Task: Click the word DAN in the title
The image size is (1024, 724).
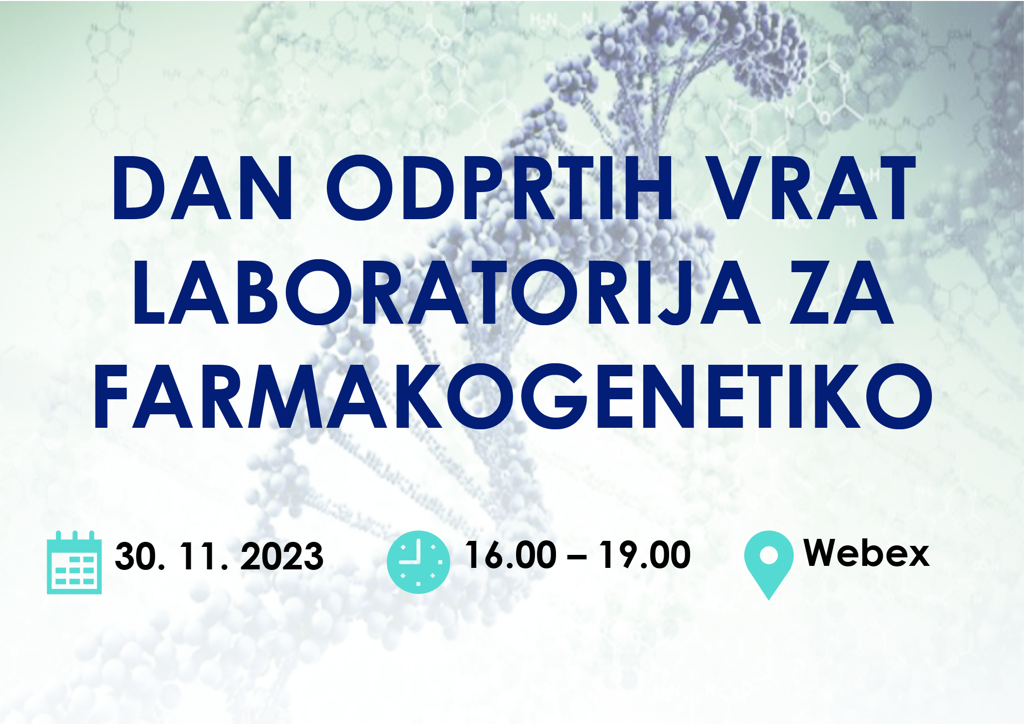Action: (x=202, y=188)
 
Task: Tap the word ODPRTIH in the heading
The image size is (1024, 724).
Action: (x=500, y=188)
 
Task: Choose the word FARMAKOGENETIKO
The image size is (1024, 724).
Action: (x=513, y=396)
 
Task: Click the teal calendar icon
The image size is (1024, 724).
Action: (x=74, y=562)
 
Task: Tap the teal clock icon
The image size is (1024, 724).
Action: (x=418, y=562)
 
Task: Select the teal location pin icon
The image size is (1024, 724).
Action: (x=769, y=564)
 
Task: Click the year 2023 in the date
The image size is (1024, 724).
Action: (x=282, y=556)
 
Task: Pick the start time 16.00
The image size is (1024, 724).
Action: (x=510, y=555)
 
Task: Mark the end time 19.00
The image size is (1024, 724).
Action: (x=646, y=555)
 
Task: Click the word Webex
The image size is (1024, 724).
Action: (x=866, y=553)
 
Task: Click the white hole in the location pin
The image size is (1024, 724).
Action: (x=769, y=555)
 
